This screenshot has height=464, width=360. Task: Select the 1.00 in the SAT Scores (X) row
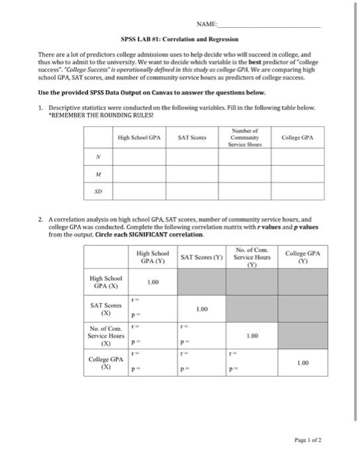[202, 309]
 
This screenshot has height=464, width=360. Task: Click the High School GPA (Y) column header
[152, 257]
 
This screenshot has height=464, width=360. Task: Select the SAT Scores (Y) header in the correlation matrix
[202, 257]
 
